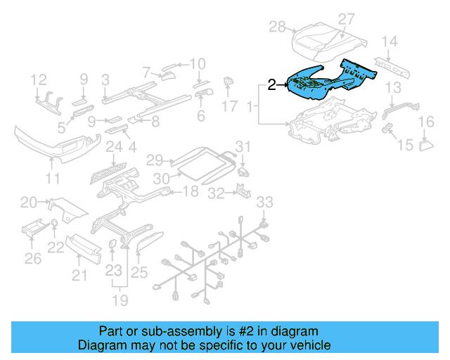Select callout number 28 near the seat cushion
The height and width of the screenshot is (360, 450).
(x=277, y=27)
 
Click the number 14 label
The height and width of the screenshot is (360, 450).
(x=390, y=41)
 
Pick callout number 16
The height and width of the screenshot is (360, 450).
(x=426, y=123)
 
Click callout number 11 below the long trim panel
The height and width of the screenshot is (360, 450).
(x=53, y=179)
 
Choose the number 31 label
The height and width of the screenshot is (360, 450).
(x=242, y=146)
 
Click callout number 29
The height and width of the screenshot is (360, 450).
(x=154, y=160)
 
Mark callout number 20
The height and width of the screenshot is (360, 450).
(x=28, y=202)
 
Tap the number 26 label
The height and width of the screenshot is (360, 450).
(x=34, y=259)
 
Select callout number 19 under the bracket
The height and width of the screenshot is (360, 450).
(x=122, y=301)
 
